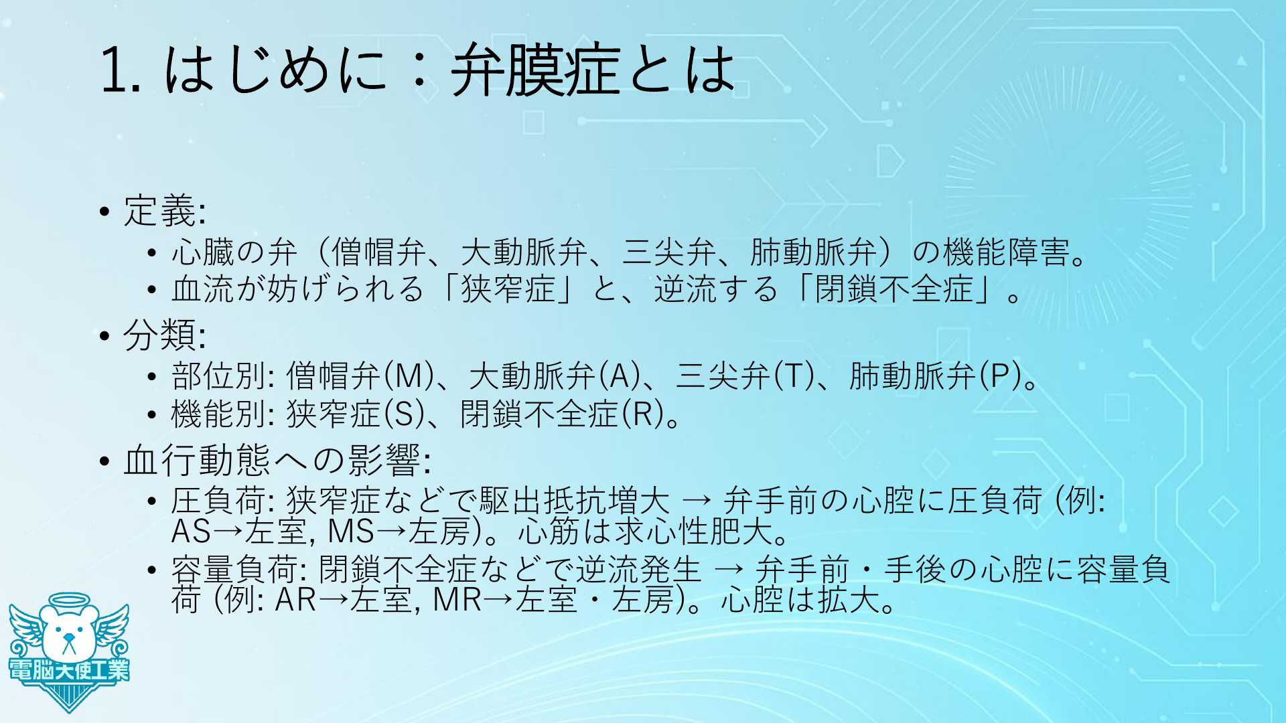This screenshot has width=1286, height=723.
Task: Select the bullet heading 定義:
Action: click(x=164, y=211)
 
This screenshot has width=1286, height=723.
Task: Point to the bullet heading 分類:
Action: click(x=164, y=335)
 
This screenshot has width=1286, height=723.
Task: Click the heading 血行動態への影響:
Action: click(x=277, y=460)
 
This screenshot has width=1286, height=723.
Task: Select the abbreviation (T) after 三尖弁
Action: click(x=792, y=377)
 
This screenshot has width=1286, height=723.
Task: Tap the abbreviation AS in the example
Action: click(x=192, y=532)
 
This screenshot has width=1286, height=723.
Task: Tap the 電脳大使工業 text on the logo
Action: click(x=69, y=670)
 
